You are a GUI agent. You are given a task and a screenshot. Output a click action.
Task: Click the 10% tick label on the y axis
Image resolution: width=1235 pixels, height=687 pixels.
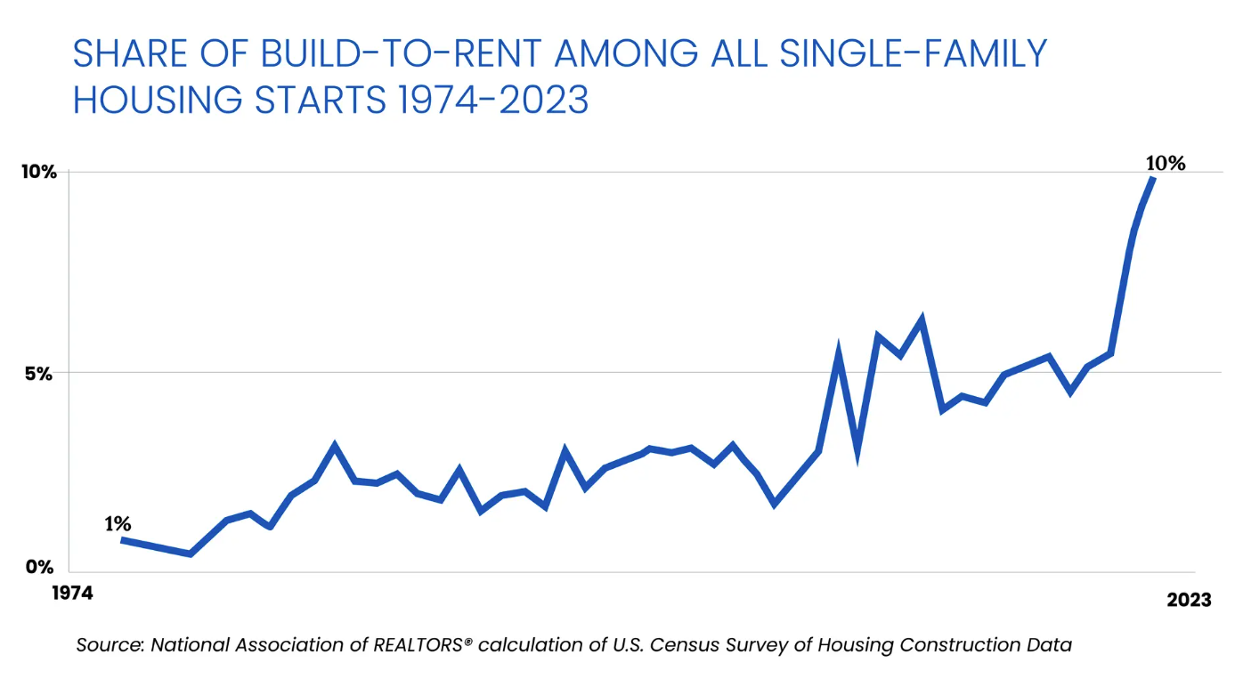pos(38,172)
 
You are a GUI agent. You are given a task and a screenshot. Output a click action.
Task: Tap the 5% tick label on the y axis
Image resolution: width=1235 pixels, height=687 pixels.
pos(38,373)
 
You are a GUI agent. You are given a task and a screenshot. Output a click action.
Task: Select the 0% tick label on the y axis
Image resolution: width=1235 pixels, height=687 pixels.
pos(38,566)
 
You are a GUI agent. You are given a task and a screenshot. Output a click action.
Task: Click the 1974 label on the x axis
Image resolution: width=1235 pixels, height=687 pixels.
pos(71,594)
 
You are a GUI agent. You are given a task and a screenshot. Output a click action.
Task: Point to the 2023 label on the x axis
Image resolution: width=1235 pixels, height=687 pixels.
pos(1189,601)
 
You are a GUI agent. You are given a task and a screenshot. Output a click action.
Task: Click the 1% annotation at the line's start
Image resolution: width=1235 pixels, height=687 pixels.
pos(118,524)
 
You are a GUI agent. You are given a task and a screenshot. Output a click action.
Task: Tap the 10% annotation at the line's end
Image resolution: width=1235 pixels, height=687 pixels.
pos(1166,163)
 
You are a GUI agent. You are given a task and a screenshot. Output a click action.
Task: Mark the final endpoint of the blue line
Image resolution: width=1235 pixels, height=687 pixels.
pos(1153,179)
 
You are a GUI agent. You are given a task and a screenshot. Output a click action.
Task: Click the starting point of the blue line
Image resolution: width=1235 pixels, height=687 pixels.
pos(123,540)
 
